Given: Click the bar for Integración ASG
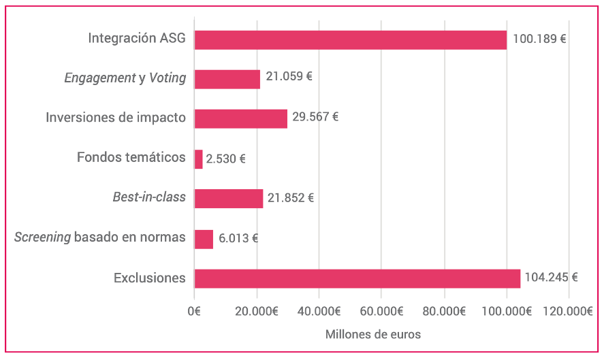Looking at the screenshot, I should pos(350,39).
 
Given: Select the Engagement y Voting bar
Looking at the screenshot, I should pos(227,79).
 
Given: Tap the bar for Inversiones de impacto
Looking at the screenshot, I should pos(240,118).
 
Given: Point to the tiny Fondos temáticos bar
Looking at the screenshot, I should pos(198,159).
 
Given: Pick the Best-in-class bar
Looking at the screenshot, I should pos(228,199).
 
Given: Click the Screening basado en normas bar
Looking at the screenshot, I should pos(204,239).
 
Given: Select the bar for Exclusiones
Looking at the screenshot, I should pos(357,278).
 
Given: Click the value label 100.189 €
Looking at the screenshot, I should pos(539,39).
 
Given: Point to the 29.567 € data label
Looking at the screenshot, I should pos(315,117).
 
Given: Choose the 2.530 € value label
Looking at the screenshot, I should pos(225,159).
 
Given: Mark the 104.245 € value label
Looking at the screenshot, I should pos(551,278).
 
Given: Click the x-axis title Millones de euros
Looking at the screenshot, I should pos(372,335).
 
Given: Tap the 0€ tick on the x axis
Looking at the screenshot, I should pos(194,312).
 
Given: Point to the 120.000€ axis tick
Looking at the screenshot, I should pos(569,312).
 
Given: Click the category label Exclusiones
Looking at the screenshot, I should pos(149,278).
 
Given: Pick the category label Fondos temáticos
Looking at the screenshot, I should pos(131,158).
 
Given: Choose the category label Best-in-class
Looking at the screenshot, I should pos(148,198).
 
